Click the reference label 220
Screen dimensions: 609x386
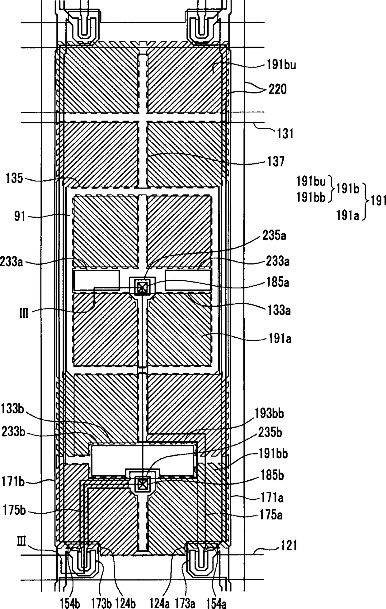278,89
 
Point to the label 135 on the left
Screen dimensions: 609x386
14,179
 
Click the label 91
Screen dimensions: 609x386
20,216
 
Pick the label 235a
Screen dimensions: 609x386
274,236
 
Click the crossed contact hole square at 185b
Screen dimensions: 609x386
142,484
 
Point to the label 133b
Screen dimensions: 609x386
13,408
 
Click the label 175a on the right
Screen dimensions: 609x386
271,515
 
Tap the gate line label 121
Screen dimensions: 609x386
288,545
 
